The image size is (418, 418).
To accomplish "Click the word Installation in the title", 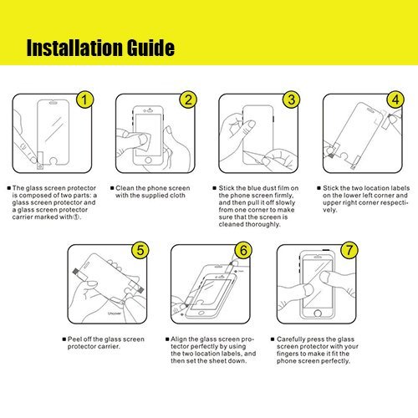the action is point(74,48).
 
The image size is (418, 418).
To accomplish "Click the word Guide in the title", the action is point(150,48).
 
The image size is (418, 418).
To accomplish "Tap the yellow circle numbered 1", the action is point(84,99).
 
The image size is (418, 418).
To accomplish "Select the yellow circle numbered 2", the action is point(188,99).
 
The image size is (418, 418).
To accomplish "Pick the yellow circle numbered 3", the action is point(292,99).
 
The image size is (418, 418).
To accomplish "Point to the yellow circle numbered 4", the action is point(395,99).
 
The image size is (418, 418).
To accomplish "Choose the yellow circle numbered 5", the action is point(140,250).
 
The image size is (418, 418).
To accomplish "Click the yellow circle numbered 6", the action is point(243,250).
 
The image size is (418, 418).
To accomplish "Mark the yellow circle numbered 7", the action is point(349,250).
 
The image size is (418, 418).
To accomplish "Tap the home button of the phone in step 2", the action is point(148,161).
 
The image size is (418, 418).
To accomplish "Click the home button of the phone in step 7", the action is point(318,313).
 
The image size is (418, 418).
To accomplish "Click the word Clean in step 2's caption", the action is point(125,188).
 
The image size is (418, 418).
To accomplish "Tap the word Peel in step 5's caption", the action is point(74,339).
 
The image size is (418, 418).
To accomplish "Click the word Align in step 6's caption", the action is point(179,339).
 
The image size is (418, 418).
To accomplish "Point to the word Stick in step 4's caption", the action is point(330,188).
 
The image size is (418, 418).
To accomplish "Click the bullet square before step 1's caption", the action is point(9,188).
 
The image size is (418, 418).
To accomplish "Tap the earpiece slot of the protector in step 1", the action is point(54,103).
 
